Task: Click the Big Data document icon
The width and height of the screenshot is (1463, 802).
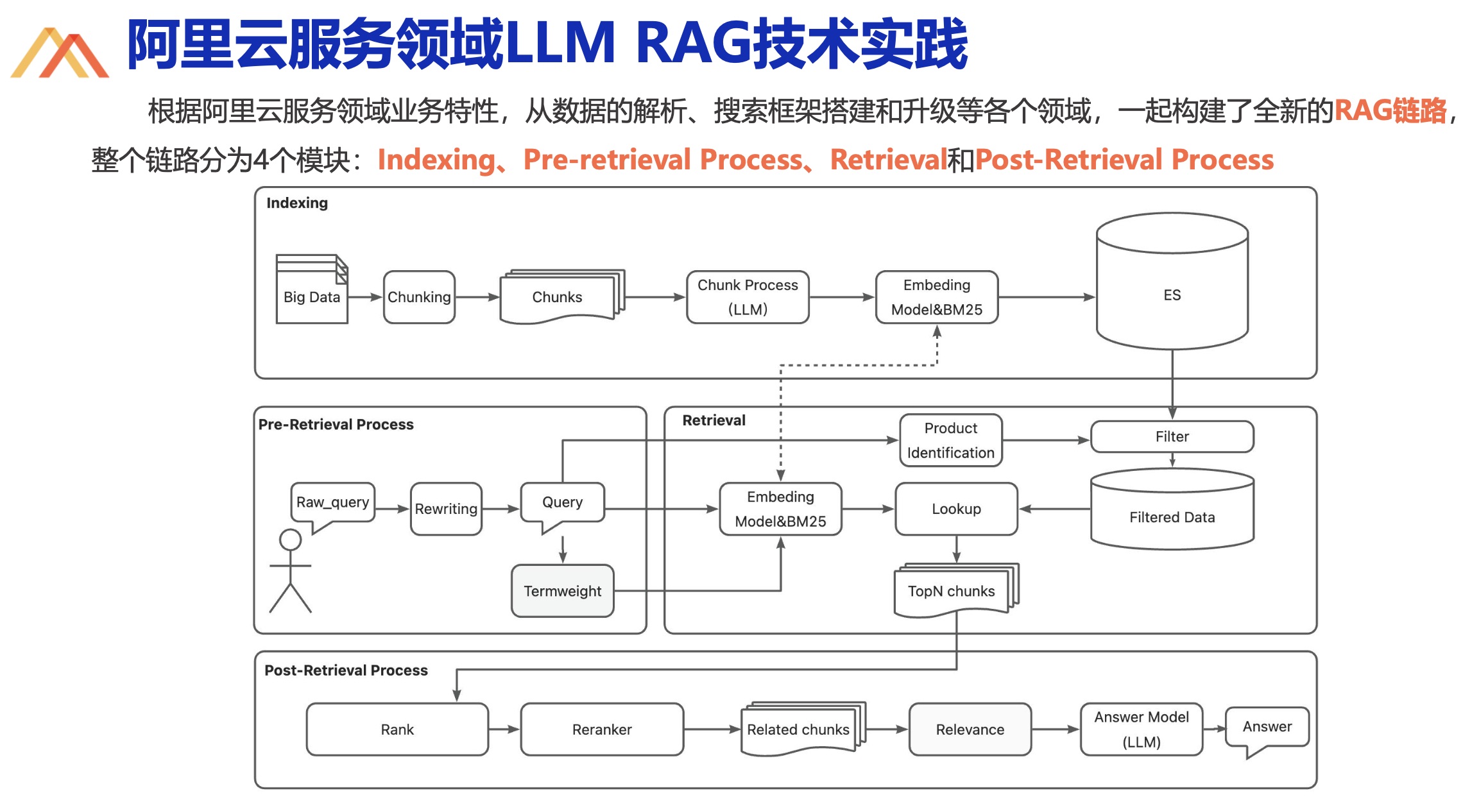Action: coord(312,289)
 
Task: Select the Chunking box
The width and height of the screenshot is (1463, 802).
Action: coord(419,297)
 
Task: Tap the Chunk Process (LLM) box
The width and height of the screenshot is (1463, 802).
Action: coord(748,297)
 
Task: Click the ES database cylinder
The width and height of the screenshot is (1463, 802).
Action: coord(1172,281)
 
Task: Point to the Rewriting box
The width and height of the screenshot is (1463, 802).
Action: coord(446,509)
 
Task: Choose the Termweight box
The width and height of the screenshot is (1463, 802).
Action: coord(562,591)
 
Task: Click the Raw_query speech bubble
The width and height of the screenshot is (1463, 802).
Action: coord(332,506)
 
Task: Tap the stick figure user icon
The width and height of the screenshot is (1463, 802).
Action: coord(290,570)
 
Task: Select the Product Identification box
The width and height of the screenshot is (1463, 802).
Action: coord(950,440)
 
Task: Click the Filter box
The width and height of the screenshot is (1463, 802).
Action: coord(1172,436)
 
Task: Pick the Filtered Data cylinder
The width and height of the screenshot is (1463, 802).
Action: coord(1172,509)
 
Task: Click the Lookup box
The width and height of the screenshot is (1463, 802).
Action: coord(956,509)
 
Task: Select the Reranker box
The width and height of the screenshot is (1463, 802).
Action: coord(602,729)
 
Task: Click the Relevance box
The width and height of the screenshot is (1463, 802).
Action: coord(970,729)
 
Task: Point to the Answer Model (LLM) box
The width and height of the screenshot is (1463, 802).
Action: coord(1142,729)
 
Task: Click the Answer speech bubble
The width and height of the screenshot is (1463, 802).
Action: coord(1267,730)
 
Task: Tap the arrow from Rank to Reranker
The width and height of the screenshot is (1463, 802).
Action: coord(504,729)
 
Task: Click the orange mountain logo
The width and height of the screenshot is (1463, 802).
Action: coord(60,53)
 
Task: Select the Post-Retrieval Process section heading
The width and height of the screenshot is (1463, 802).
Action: coord(346,670)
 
